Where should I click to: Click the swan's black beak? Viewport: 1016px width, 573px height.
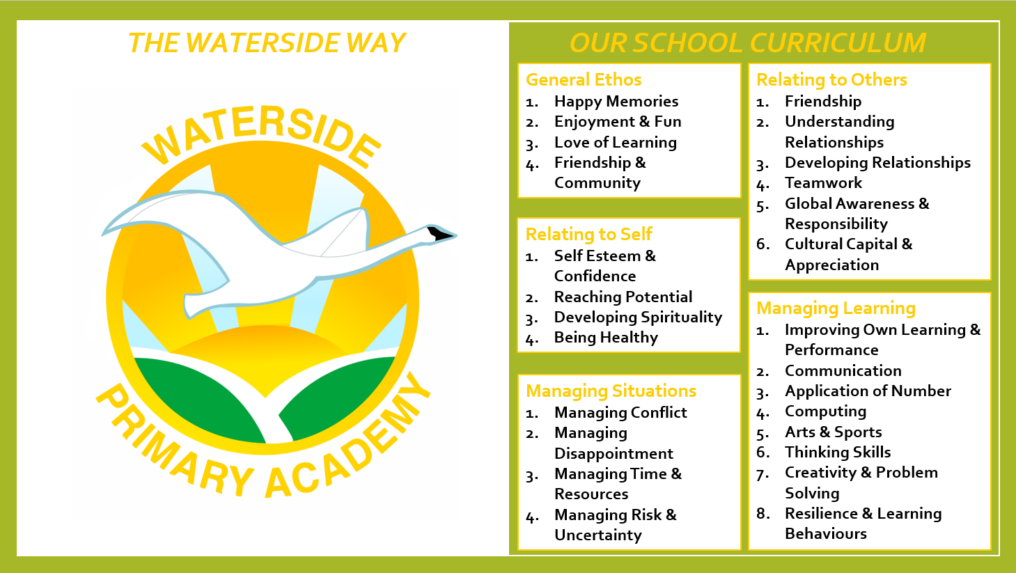tap(440, 233)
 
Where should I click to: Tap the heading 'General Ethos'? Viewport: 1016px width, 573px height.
tap(584, 80)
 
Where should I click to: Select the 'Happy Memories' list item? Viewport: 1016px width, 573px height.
tap(616, 102)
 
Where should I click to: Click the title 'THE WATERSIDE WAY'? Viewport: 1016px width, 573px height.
tap(267, 43)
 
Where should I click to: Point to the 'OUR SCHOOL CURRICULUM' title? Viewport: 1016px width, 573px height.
tap(747, 43)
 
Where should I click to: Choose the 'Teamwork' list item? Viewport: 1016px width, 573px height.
tap(823, 182)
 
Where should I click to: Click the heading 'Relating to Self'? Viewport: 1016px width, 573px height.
tap(588, 235)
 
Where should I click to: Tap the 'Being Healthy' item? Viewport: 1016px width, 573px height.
tap(606, 338)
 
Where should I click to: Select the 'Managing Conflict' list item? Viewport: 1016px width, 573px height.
tap(620, 413)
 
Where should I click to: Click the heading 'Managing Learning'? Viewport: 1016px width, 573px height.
tap(836, 308)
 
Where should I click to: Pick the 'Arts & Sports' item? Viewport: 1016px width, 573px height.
tap(834, 432)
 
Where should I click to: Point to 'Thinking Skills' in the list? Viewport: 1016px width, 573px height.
tap(838, 452)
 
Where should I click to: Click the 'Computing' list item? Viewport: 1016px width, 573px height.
tap(825, 411)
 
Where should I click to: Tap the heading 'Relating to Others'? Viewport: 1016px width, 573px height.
tap(832, 80)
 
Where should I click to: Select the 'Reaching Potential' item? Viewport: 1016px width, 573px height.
tap(623, 297)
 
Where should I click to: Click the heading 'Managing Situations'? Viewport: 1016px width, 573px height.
tap(611, 391)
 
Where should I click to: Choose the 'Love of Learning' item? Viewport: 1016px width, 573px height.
tap(616, 143)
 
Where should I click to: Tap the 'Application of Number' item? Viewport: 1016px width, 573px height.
tap(868, 391)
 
